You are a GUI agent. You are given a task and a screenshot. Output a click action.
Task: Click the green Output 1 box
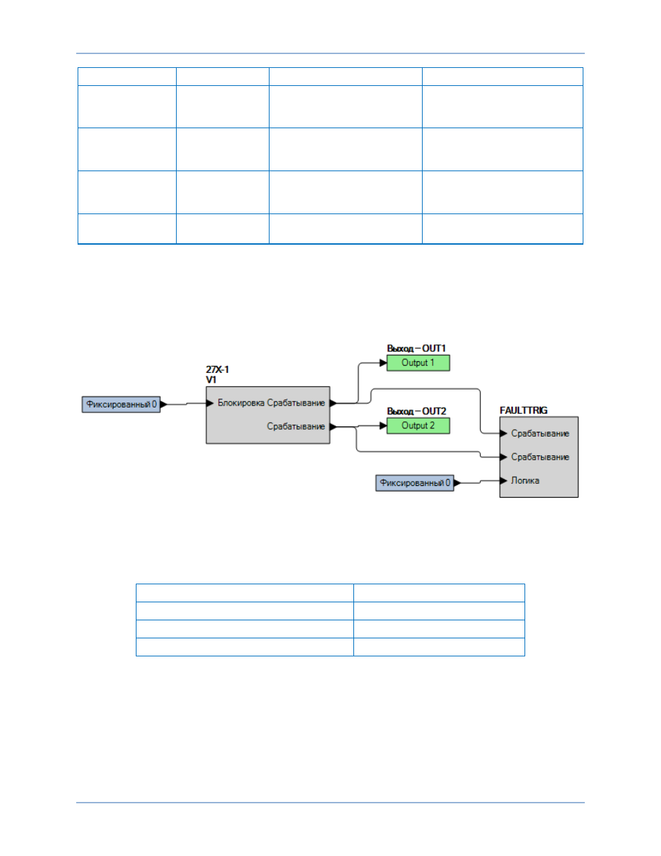coord(418,363)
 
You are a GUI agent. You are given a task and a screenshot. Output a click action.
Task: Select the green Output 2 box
coord(418,426)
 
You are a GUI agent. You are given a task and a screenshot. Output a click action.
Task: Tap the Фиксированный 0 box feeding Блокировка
coord(121,405)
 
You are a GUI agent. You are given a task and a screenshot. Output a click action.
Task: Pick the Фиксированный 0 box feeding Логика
coord(415,483)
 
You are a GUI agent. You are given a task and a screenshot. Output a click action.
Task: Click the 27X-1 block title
coord(218,369)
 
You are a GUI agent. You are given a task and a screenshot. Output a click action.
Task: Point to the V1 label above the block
coord(211,380)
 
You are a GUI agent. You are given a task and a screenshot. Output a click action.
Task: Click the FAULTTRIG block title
coord(524,410)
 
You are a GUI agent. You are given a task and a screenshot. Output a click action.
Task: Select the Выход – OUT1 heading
coord(416,348)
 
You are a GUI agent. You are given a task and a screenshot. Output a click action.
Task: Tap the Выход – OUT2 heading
coord(416,411)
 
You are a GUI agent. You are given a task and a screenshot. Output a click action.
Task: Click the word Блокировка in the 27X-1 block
coord(241,403)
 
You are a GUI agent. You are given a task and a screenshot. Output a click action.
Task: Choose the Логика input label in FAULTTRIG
coord(525,480)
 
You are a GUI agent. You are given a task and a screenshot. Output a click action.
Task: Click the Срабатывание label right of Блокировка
coord(296,403)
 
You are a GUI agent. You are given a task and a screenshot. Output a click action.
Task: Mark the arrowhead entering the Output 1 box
coord(383,363)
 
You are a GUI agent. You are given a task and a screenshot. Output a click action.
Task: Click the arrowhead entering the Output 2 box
coord(383,426)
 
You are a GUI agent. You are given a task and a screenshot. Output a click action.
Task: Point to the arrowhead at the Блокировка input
coord(210,403)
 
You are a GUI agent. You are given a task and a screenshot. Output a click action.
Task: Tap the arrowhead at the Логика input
coord(504,480)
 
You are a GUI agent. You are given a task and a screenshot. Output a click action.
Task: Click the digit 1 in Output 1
coord(432,363)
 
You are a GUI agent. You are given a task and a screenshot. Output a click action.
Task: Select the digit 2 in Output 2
coord(432,426)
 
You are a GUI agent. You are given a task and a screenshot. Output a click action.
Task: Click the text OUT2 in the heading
coord(434,411)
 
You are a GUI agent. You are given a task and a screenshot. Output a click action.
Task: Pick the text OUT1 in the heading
coord(434,348)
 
